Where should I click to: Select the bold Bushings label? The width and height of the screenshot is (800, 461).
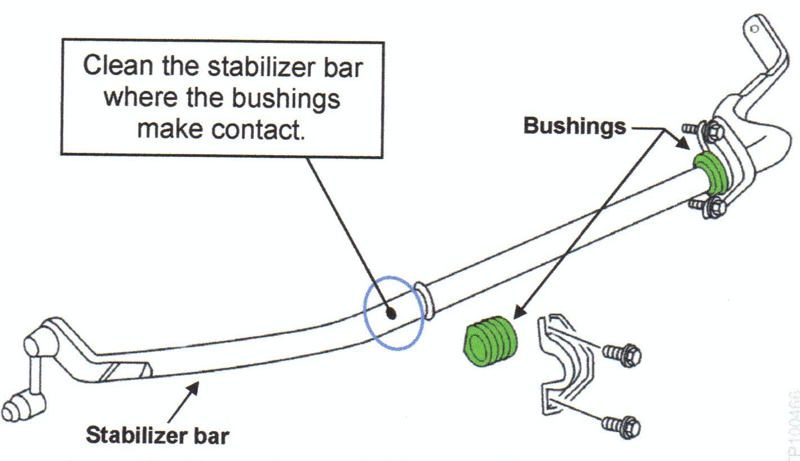tap(574, 126)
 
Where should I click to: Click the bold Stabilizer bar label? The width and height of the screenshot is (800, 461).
tap(157, 435)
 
